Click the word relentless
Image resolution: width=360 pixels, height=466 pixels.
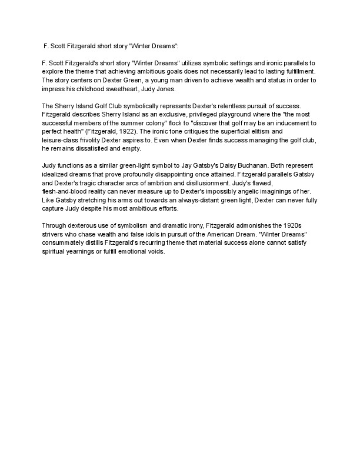(223, 105)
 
